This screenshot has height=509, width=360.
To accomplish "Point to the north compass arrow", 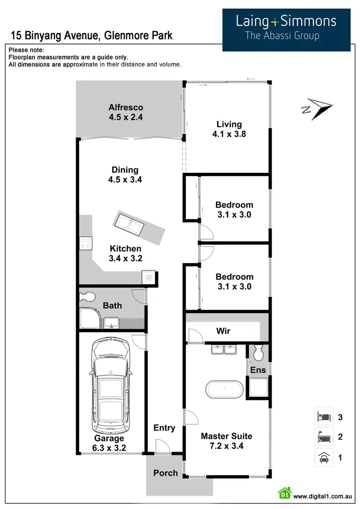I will [x=317, y=108].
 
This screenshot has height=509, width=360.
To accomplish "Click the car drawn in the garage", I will [x=111, y=384].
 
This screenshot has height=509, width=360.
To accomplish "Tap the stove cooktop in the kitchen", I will [x=86, y=243].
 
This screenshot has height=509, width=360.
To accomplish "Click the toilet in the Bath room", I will [x=87, y=297].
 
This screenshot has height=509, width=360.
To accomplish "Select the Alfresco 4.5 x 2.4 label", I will [x=126, y=112].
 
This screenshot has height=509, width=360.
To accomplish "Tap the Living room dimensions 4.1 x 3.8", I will [x=229, y=134].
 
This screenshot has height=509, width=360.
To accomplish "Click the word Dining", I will [x=125, y=170].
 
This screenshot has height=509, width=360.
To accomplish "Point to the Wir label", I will [x=223, y=331].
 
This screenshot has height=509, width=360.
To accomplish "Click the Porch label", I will [x=166, y=473].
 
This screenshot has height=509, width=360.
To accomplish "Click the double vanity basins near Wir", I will [x=223, y=349].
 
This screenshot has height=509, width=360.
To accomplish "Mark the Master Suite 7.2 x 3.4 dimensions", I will [x=226, y=446].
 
